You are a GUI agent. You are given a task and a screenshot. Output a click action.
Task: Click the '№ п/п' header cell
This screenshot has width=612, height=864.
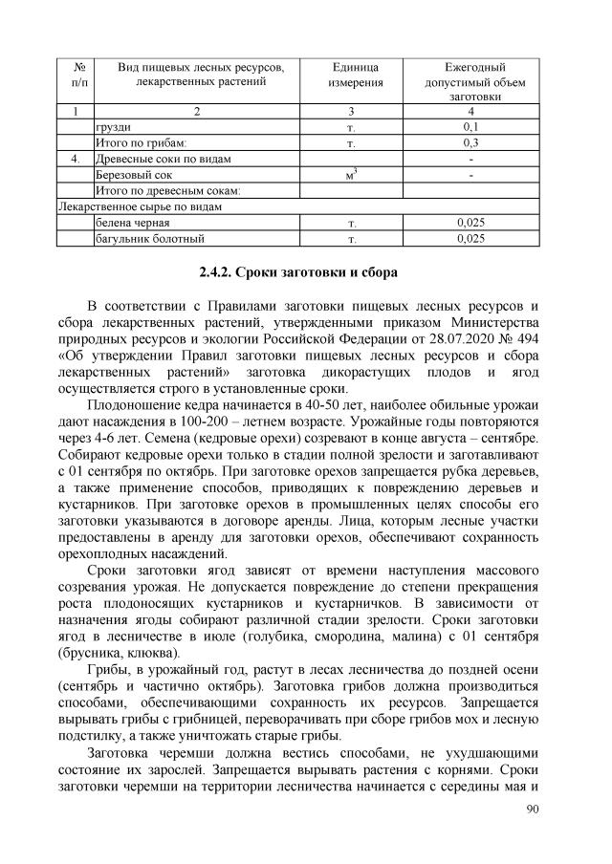coord(76,76)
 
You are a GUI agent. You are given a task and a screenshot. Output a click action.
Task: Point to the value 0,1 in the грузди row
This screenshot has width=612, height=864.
coord(470,126)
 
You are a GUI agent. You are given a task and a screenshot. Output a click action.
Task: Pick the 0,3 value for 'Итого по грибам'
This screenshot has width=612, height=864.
coord(470,142)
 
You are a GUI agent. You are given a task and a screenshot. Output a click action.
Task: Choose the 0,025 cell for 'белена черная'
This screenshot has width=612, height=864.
coord(470,223)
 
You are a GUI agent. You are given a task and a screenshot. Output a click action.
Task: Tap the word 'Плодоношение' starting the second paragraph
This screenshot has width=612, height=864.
coord(131,405)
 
